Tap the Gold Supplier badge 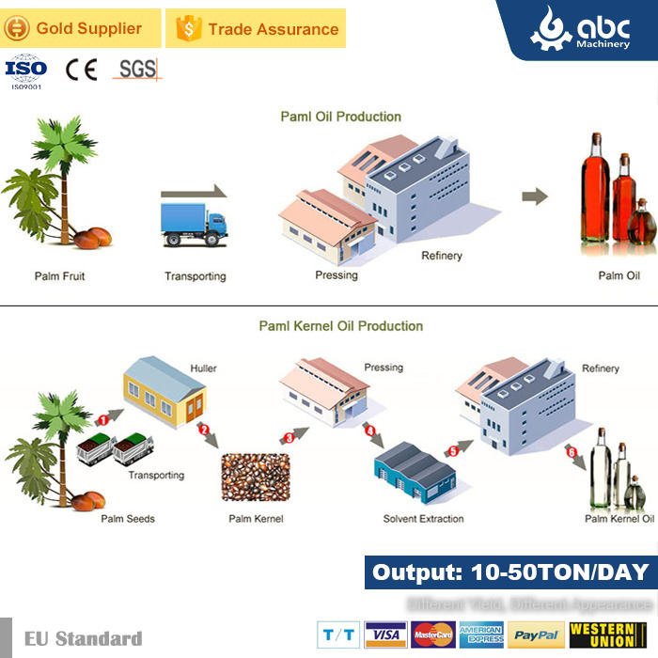pyautogui.click(x=79, y=29)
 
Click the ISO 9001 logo pyautogui.click(x=25, y=71)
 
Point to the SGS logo pyautogui.click(x=137, y=69)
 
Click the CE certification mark pyautogui.click(x=81, y=70)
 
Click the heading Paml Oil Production pyautogui.click(x=341, y=117)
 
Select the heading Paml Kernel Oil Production pyautogui.click(x=341, y=326)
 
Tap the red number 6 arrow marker pyautogui.click(x=571, y=451)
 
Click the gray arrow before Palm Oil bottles pyautogui.click(x=535, y=196)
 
